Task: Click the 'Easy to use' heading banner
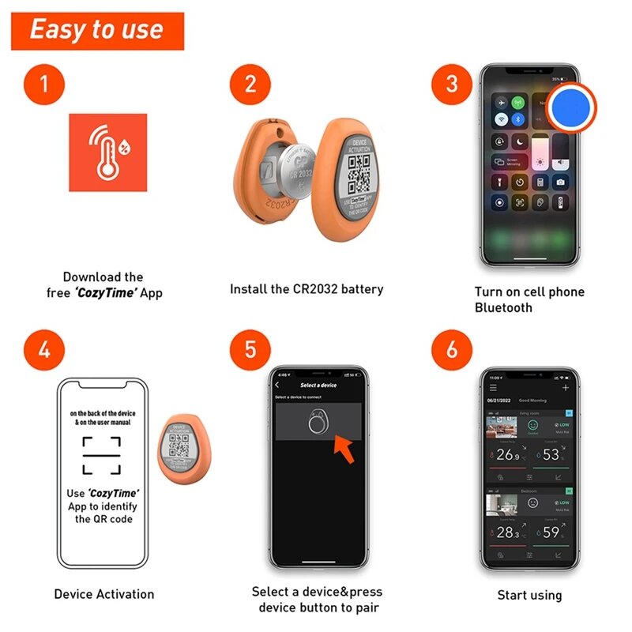pyautogui.click(x=97, y=31)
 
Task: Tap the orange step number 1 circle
pyautogui.click(x=43, y=84)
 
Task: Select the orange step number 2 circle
pyautogui.click(x=250, y=84)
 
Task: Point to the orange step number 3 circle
pyautogui.click(x=452, y=84)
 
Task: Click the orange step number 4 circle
pyautogui.click(x=43, y=349)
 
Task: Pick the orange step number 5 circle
pyautogui.click(x=250, y=349)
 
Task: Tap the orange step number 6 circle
pyautogui.click(x=452, y=349)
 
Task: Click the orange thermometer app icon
pyautogui.click(x=107, y=152)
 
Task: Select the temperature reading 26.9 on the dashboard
pyautogui.click(x=506, y=455)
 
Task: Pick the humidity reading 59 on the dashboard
pyautogui.click(x=551, y=532)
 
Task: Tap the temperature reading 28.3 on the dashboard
pyautogui.click(x=506, y=532)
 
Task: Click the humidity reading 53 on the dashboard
pyautogui.click(x=551, y=455)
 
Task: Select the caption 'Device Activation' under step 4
pyautogui.click(x=104, y=594)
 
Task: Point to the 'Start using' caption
pyautogui.click(x=529, y=595)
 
